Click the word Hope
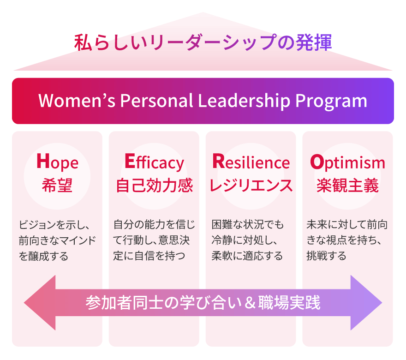[57, 162]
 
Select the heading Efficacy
[154, 162]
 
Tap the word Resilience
[251, 162]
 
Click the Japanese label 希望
[57, 185]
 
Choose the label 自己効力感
[154, 185]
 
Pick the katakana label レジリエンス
[251, 185]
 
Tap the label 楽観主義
[347, 185]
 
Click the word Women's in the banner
[77, 100]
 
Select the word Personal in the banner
[156, 100]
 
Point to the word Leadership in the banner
[244, 101]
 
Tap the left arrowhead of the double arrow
[40, 302]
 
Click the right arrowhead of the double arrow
[366, 302]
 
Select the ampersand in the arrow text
[250, 302]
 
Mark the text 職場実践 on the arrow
[289, 302]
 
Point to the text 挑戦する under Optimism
[326, 256]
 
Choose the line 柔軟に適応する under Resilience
[247, 256]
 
